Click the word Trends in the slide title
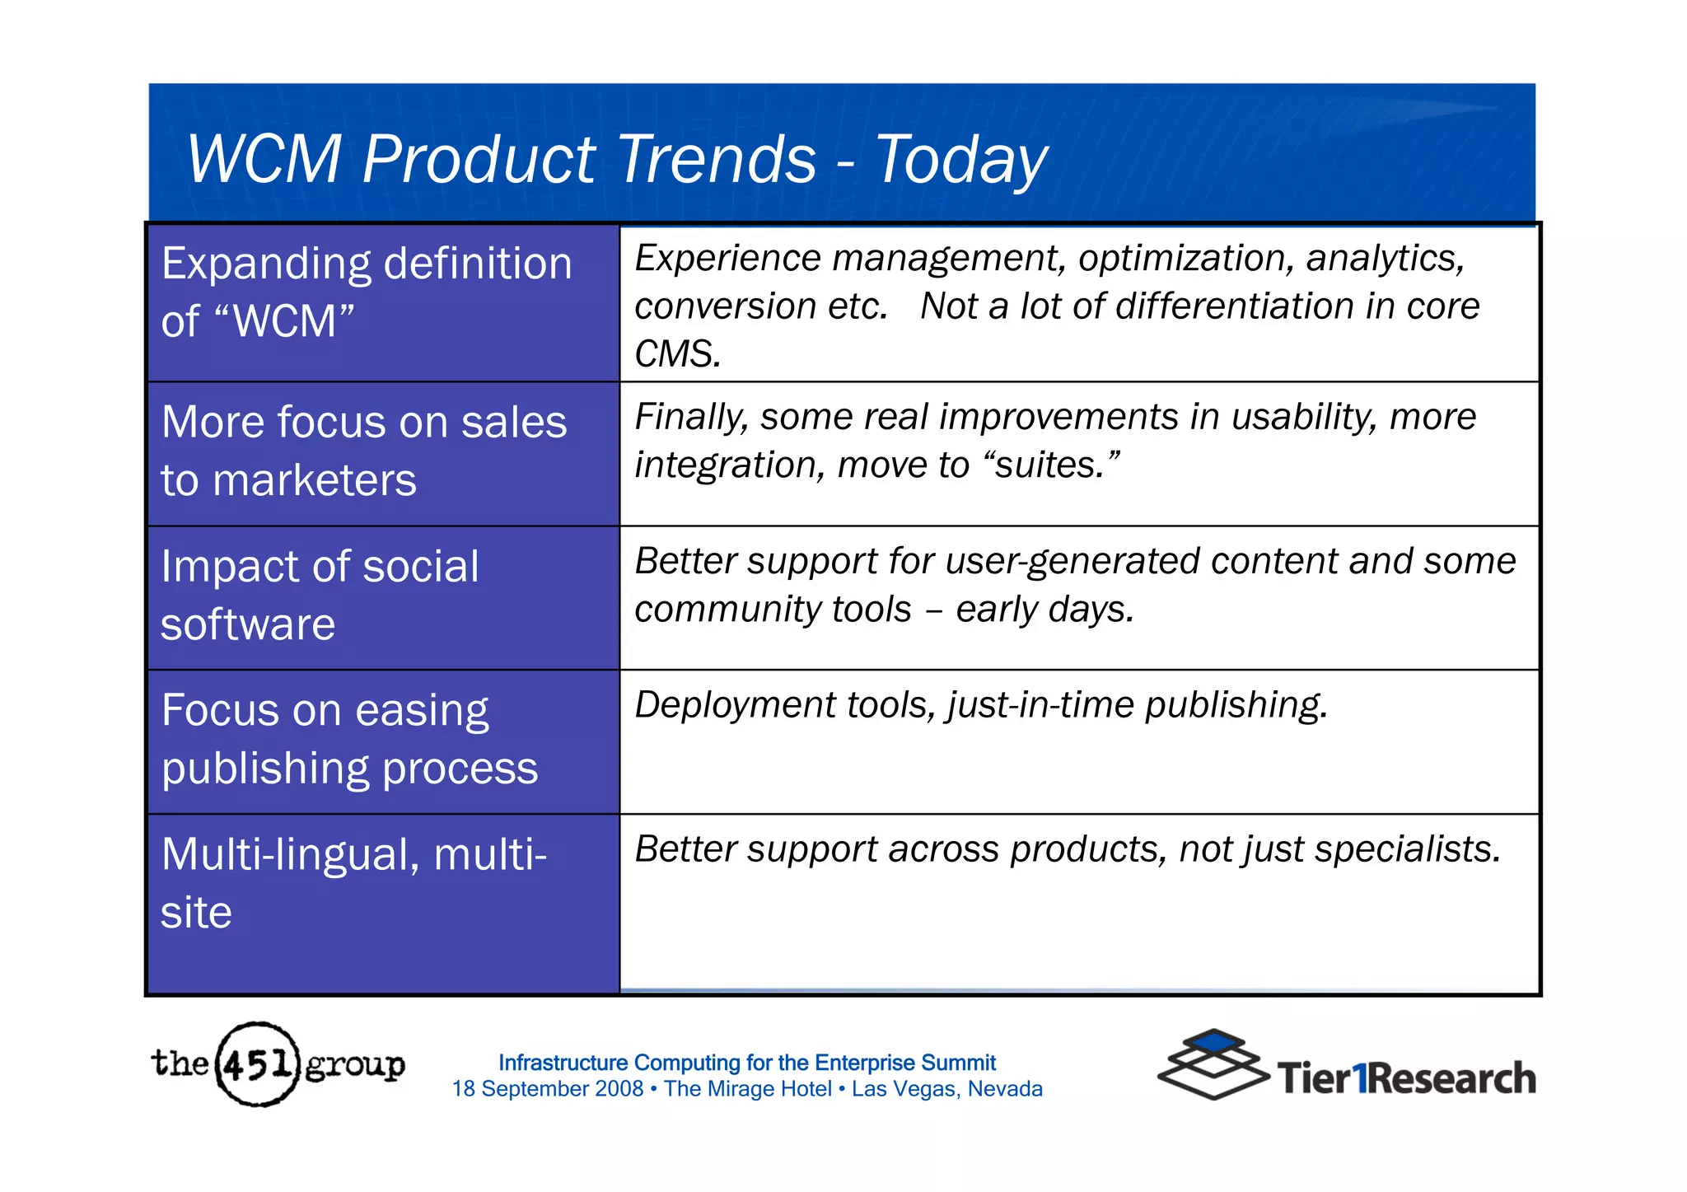point(716,159)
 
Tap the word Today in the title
point(960,159)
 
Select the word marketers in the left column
point(314,480)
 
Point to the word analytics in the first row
point(1385,259)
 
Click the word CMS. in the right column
point(677,354)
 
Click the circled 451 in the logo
point(257,1064)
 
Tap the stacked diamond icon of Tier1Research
point(1213,1063)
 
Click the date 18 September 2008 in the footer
point(547,1089)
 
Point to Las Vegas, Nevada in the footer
point(946,1089)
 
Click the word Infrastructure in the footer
point(563,1063)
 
